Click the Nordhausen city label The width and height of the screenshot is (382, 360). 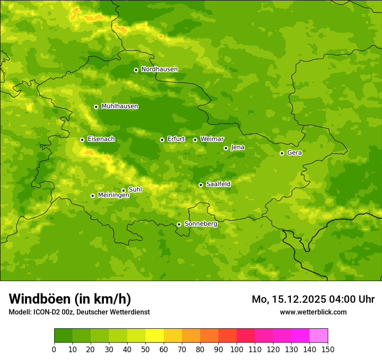tap(159, 69)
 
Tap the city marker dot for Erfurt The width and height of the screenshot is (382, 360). tap(162, 140)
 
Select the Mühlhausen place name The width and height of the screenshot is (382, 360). tap(119, 106)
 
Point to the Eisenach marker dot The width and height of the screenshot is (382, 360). tap(82, 140)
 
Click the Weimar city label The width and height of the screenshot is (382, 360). tap(212, 139)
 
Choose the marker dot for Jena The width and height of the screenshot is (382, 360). tap(226, 148)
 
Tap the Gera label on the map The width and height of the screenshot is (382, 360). tap(294, 153)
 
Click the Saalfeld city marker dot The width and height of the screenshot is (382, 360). tap(201, 185)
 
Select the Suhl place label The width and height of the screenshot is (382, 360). tap(135, 190)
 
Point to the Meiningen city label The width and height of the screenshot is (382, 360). tap(113, 195)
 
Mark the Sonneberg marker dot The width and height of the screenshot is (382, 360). tap(179, 224)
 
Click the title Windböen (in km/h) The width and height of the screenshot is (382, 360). tap(70, 299)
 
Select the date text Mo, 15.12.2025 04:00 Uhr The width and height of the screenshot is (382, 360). tap(313, 299)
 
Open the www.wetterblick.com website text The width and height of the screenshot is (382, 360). tap(313, 312)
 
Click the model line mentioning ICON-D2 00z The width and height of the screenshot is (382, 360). tap(79, 312)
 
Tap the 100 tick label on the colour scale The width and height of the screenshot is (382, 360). tap(237, 349)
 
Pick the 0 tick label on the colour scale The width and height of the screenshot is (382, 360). tap(54, 349)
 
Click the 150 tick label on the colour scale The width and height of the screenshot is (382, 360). tap(327, 349)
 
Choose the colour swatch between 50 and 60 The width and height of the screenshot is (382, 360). tap(155, 336)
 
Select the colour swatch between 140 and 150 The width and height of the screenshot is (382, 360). tap(319, 336)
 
